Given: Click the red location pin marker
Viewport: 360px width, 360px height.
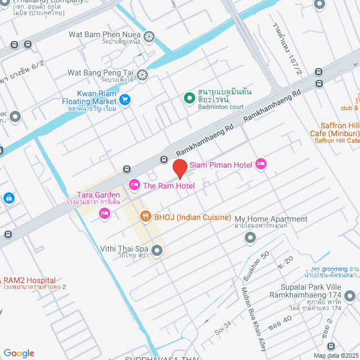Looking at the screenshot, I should point(179,168).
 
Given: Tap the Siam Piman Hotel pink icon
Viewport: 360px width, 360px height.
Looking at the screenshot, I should point(261,164).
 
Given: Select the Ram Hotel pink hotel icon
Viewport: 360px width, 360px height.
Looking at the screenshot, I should point(134,184).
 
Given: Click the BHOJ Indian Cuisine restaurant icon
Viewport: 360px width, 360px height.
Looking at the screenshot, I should point(145,216).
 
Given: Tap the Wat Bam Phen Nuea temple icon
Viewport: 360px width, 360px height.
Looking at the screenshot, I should point(149,37).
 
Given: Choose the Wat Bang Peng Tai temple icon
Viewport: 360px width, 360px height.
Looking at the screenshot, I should point(143,74).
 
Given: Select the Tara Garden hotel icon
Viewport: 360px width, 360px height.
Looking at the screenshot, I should point(104,213).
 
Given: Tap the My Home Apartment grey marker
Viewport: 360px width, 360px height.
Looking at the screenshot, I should point(250,238).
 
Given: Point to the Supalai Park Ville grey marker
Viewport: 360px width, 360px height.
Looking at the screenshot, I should point(350,295).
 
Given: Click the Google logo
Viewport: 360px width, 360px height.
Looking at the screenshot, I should point(19,353).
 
